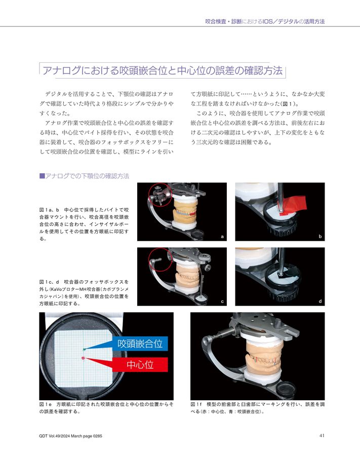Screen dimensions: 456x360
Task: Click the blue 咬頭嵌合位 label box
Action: tap(140, 344)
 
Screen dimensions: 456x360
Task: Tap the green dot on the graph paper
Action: tap(84, 349)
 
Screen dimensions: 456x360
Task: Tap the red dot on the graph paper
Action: tap(83, 358)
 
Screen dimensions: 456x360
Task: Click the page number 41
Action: tap(322, 434)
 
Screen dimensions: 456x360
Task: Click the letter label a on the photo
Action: tap(222, 237)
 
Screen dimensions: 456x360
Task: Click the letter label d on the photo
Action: tap(320, 301)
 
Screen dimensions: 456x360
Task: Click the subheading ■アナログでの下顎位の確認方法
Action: tap(84, 176)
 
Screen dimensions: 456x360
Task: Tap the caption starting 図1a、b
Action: tap(84, 223)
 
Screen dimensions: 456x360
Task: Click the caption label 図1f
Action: tap(197, 405)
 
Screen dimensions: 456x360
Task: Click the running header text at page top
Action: tap(264, 21)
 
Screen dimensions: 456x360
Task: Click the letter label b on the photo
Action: tap(320, 237)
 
